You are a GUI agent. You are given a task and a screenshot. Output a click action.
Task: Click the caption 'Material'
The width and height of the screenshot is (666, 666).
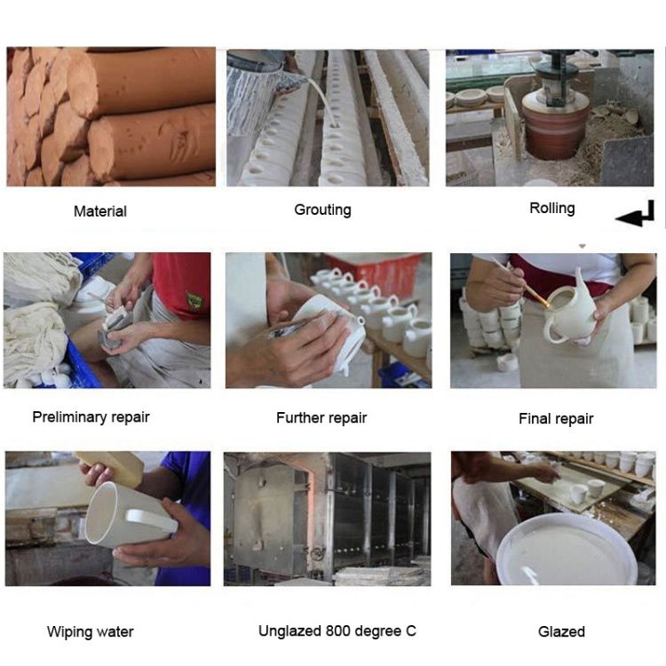100,211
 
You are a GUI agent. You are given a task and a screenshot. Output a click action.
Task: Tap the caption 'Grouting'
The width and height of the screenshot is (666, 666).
323,210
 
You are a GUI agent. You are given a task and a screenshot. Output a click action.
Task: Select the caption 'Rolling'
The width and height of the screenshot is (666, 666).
552,208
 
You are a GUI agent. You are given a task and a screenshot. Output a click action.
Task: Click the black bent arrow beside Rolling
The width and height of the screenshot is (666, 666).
636,214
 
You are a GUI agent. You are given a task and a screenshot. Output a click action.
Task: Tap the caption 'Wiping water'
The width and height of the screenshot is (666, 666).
90,631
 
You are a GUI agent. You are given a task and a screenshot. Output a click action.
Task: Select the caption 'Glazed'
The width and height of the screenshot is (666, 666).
561,631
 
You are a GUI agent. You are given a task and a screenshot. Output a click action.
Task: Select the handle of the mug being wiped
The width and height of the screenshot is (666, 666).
151,519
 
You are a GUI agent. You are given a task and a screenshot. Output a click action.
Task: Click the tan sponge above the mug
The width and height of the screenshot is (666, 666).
113,466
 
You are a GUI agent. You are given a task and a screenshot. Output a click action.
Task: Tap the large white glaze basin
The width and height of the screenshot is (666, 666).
568,550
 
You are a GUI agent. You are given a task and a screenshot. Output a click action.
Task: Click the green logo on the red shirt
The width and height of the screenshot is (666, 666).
194,300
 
